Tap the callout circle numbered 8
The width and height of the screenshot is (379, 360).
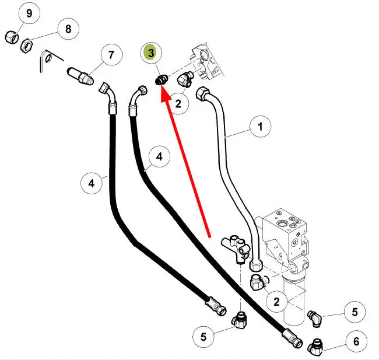[68, 29]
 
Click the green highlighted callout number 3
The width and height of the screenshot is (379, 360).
[151, 53]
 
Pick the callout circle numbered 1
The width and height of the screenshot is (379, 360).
[261, 126]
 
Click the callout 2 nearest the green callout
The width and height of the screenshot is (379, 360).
[179, 104]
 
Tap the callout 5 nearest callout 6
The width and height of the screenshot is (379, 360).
[355, 312]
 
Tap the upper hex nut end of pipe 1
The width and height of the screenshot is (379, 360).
[202, 93]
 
